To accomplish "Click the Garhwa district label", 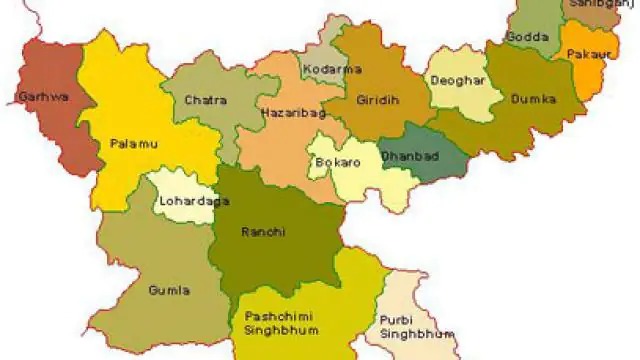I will pos(36,98).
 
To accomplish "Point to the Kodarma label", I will pos(338,69).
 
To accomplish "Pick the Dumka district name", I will pos(532,98).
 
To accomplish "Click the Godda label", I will pos(527,36).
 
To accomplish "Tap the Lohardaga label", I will pos(185,203).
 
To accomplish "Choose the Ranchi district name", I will pos(263,231).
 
